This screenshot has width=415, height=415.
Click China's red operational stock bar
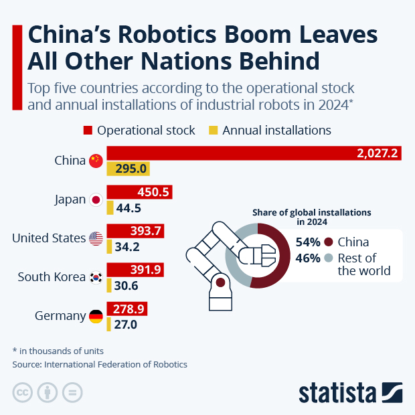(254, 153)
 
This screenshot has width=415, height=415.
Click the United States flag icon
(96, 238)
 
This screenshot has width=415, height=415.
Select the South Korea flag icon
(96, 277)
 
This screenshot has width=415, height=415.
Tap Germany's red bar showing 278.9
(127, 309)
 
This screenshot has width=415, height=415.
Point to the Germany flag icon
(96, 316)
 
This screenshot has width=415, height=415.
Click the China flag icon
(96, 161)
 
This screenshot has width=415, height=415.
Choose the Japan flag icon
(96, 199)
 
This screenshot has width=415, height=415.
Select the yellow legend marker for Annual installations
(214, 130)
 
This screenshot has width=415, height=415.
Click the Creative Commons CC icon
(23, 392)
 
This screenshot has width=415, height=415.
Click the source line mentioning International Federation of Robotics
(100, 365)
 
